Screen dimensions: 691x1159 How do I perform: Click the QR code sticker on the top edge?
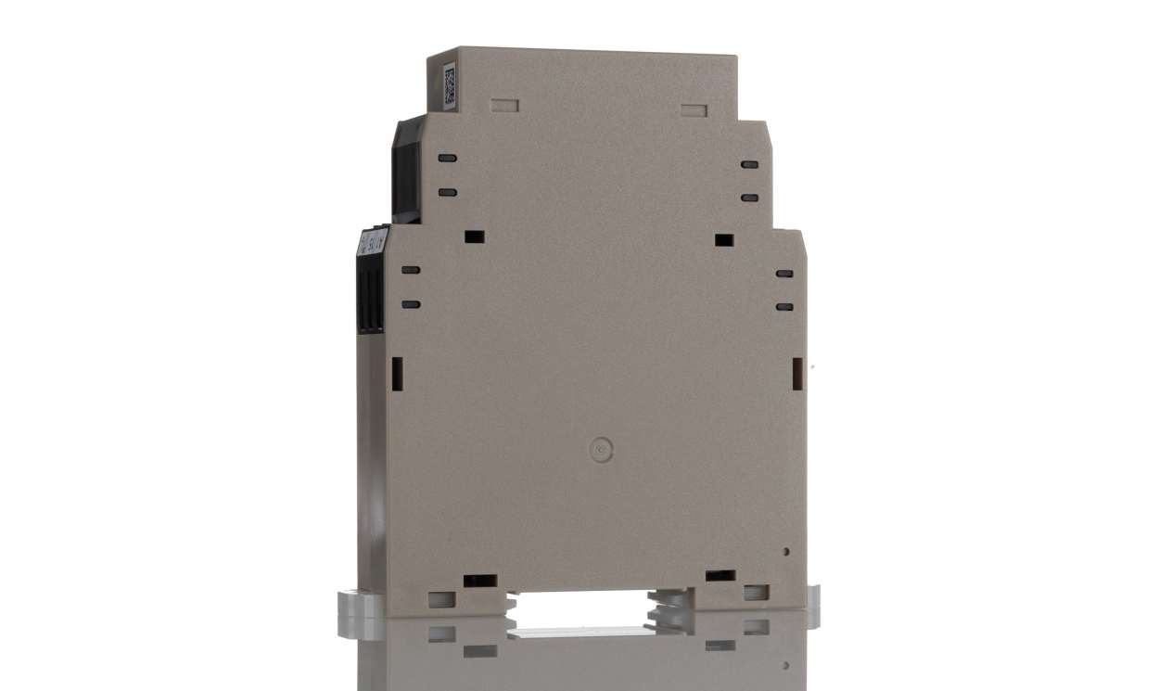[x=450, y=84]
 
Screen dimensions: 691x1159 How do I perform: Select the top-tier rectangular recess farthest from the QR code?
[x=694, y=110]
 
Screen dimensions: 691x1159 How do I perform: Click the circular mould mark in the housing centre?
[x=601, y=451]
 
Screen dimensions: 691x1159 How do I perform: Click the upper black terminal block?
[x=406, y=172]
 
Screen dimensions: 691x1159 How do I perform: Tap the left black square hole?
[x=474, y=237]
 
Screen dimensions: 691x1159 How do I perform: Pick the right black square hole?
[x=724, y=240]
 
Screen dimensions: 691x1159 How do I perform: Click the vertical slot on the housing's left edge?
[x=395, y=372]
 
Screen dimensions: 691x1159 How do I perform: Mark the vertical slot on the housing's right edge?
[x=796, y=373]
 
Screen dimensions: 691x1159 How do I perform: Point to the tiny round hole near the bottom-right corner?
[x=786, y=551]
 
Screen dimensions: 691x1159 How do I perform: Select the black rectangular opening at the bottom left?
[x=479, y=581]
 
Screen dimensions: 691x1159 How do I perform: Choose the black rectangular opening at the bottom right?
[x=720, y=576]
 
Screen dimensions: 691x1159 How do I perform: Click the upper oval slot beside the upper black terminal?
[x=448, y=158]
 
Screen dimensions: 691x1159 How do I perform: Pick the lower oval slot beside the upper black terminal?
[x=448, y=192]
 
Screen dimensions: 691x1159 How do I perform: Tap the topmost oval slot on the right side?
[x=750, y=164]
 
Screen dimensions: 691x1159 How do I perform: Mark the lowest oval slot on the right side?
[x=784, y=307]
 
